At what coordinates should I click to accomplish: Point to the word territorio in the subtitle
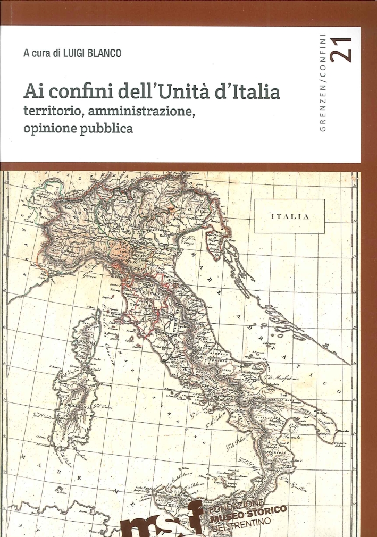pos(52,113)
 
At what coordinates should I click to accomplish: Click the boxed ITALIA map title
pos(289,217)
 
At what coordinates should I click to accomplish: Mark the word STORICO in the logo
pos(266,509)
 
